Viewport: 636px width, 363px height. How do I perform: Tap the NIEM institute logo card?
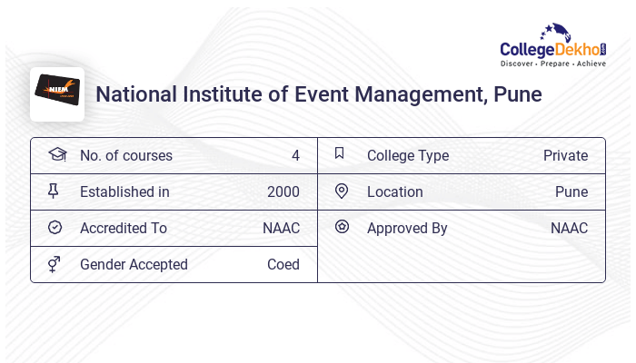(x=57, y=93)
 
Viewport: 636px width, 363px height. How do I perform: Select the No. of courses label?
(x=125, y=155)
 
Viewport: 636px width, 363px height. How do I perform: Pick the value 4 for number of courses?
(x=295, y=155)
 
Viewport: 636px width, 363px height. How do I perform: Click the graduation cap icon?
(x=56, y=154)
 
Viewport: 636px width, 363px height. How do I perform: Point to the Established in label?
(x=124, y=191)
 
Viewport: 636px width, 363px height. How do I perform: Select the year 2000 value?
(x=283, y=191)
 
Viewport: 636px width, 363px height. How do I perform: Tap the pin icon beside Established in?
(x=55, y=191)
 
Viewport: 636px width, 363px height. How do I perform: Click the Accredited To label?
(x=124, y=228)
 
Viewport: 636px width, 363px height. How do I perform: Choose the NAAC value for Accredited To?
(x=281, y=228)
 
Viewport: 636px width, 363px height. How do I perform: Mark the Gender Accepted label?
(x=134, y=264)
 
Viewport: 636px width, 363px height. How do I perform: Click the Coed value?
(x=283, y=264)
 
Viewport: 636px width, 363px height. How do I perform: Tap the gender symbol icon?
(x=55, y=264)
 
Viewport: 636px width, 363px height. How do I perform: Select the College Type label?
(x=408, y=155)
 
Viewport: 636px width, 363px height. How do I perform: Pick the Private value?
(x=565, y=155)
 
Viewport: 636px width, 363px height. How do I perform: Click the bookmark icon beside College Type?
(x=339, y=153)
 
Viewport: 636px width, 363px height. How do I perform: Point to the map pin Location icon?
(x=342, y=191)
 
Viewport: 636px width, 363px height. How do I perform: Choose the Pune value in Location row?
(x=571, y=191)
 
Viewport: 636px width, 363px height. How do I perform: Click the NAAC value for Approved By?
(x=569, y=228)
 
